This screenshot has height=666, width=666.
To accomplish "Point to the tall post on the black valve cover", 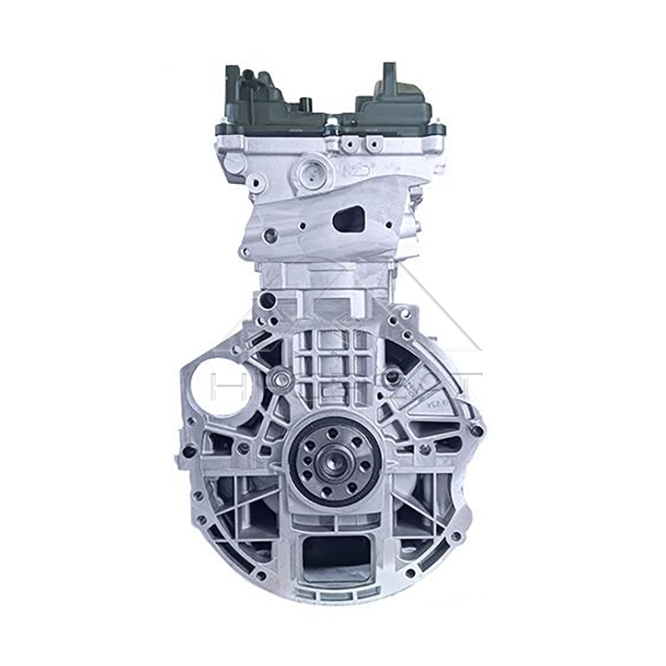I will pyautogui.click(x=388, y=79).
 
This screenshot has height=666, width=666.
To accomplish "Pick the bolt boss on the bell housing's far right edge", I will pyautogui.click(x=478, y=431).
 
